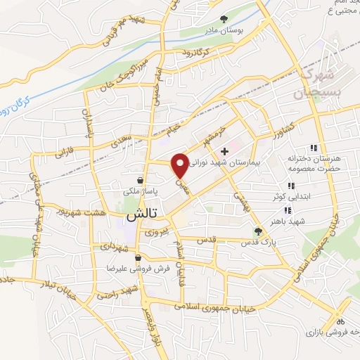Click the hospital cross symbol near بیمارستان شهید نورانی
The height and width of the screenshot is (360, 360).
[x=224, y=151]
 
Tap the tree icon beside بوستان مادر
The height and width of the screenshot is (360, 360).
[x=224, y=19]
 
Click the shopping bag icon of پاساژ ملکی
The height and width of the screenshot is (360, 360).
[x=142, y=179]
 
